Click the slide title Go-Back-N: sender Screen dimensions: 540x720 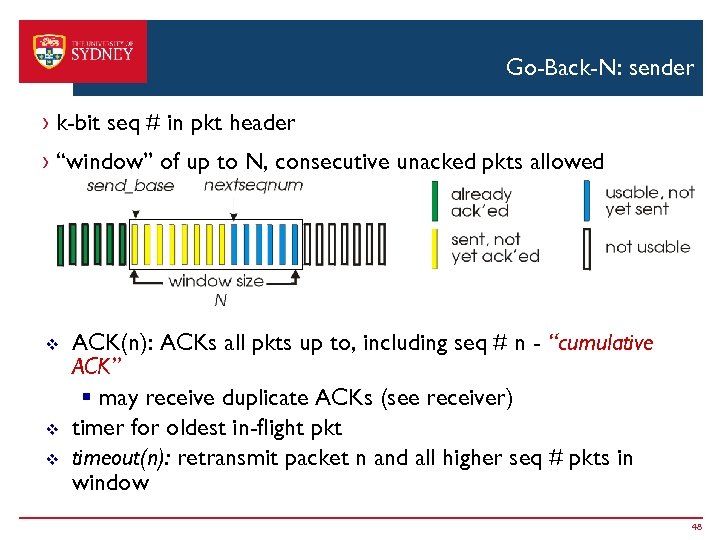pos(599,68)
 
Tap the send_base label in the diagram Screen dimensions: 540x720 pos(130,185)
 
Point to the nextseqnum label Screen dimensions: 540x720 pos(253,185)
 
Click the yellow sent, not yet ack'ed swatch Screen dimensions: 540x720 pos(433,247)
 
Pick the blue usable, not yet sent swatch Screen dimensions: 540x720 pos(587,200)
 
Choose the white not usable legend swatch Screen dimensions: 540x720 pos(587,247)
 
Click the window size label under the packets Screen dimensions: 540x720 pos(216,281)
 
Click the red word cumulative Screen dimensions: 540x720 pos(607,343)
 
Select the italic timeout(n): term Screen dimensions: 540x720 pos(113,457)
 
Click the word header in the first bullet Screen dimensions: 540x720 pos(262,123)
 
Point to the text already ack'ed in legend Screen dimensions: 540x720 pos(481,202)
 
